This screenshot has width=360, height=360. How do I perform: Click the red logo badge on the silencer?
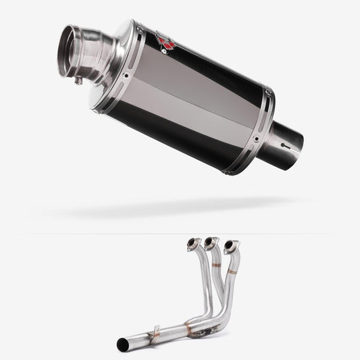[x=165, y=43]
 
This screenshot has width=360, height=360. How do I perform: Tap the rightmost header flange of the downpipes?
[x=232, y=245]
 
